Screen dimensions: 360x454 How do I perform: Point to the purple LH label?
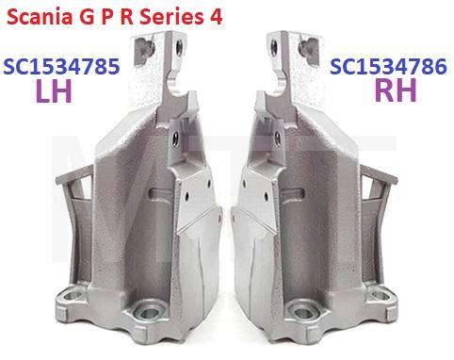click(57, 92)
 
